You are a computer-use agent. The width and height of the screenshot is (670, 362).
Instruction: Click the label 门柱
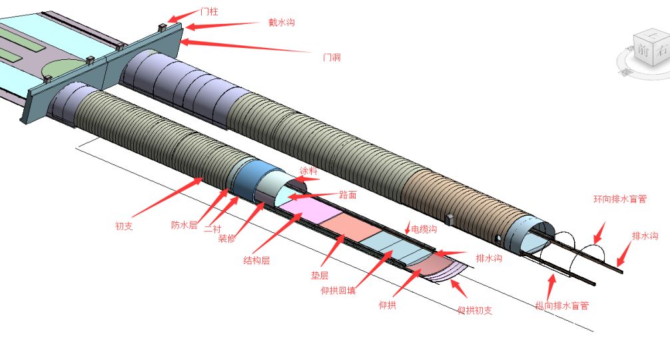pos(209,11)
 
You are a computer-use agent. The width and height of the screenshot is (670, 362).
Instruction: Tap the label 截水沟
pos(282,23)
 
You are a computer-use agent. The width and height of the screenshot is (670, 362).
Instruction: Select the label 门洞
pos(332,57)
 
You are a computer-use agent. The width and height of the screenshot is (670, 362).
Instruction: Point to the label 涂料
pos(308,171)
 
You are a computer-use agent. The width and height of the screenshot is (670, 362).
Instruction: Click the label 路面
pos(348,195)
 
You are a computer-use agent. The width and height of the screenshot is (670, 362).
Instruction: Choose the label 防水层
pos(184,226)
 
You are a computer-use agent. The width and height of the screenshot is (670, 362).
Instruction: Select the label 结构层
pos(256,261)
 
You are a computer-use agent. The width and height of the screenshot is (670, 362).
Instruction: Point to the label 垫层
pos(320,274)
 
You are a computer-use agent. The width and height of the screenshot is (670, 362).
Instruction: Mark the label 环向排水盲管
pos(620,199)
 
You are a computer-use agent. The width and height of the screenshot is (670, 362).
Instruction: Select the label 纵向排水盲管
pos(561,306)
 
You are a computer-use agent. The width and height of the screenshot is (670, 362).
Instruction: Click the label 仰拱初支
pos(475,310)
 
